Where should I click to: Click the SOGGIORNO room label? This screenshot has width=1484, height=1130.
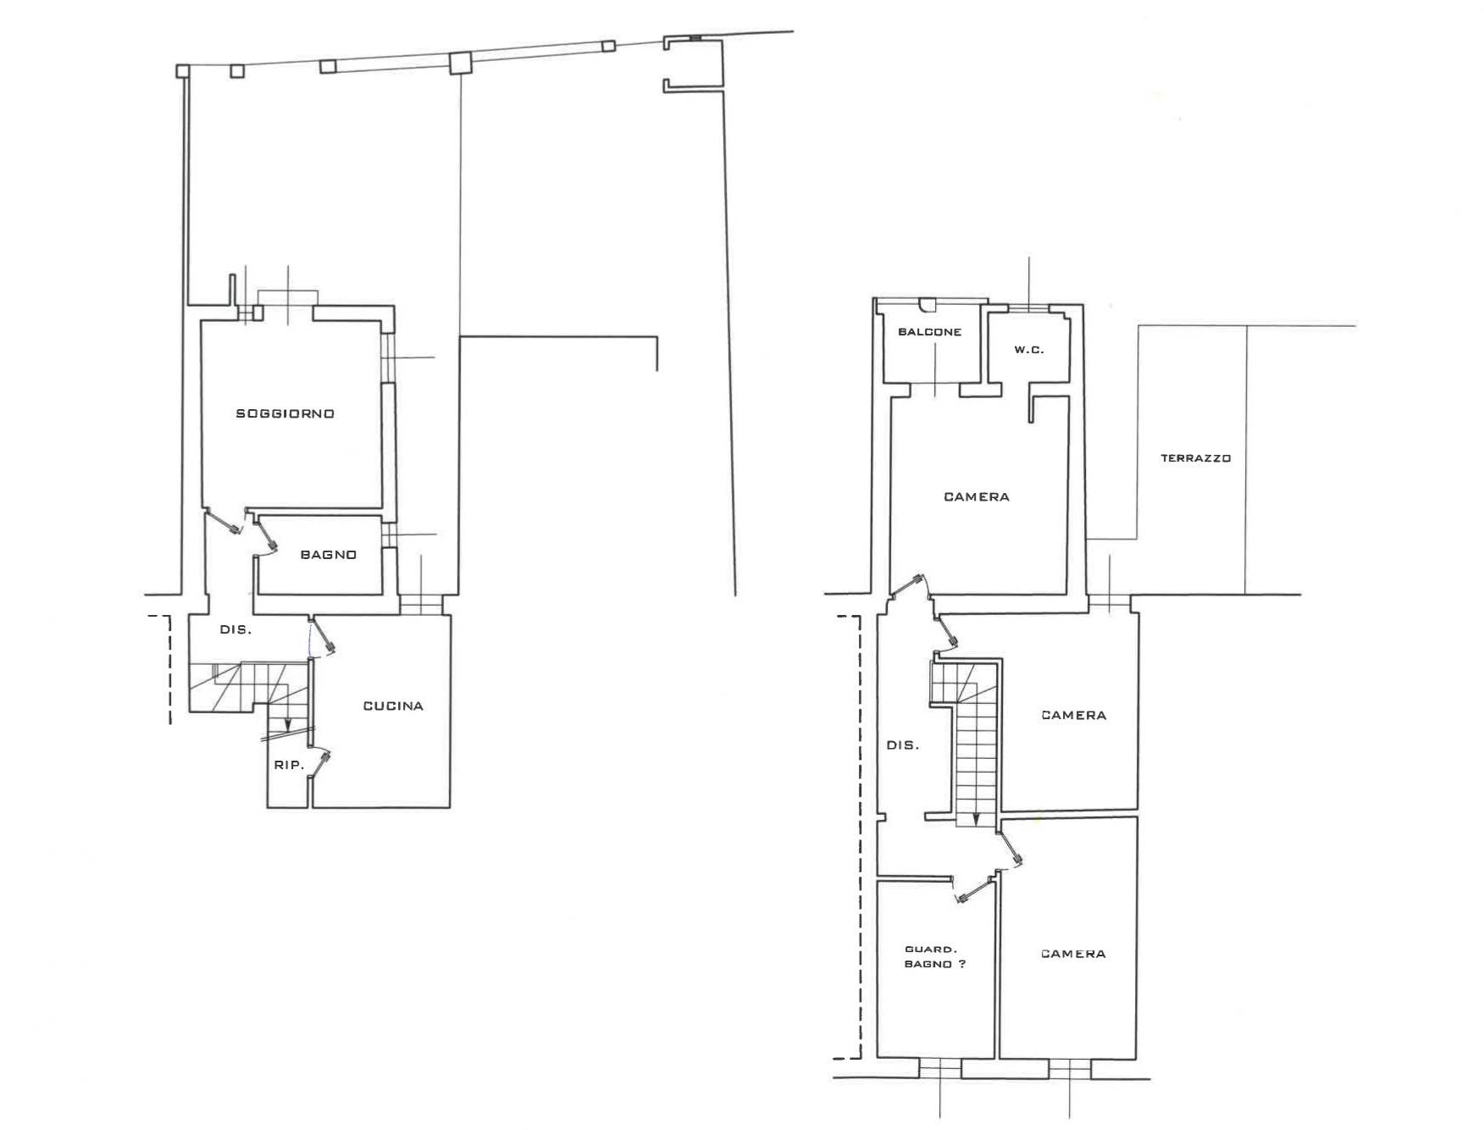285,413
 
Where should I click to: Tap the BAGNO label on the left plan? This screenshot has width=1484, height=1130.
328,555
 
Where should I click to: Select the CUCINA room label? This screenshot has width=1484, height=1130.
393,706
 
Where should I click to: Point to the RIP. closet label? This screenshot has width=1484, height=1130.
288,765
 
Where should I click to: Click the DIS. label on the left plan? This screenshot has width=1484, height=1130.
235,629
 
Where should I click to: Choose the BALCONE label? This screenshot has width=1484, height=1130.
929,332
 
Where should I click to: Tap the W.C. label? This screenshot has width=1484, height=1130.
1028,350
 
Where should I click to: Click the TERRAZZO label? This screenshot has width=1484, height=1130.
1195,458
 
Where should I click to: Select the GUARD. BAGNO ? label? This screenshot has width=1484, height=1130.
934,957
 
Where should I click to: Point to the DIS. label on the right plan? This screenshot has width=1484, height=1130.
902,745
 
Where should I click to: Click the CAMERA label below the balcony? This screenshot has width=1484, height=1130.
977,497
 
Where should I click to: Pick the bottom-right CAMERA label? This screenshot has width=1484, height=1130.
1073,954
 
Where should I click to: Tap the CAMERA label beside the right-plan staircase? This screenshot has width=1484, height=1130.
1073,715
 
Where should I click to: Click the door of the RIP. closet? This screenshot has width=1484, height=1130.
319,762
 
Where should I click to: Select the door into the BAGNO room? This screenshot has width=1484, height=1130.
267,534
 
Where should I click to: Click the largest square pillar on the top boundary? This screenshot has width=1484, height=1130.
459,63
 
